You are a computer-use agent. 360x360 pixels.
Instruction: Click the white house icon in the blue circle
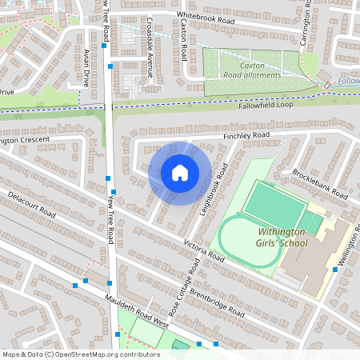click(180, 172)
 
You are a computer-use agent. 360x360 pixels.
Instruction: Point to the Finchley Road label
click(246, 137)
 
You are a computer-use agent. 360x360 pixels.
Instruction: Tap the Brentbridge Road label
click(217, 300)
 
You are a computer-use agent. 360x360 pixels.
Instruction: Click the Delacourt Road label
click(31, 205)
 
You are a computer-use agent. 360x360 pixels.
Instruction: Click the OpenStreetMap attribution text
click(80, 354)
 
